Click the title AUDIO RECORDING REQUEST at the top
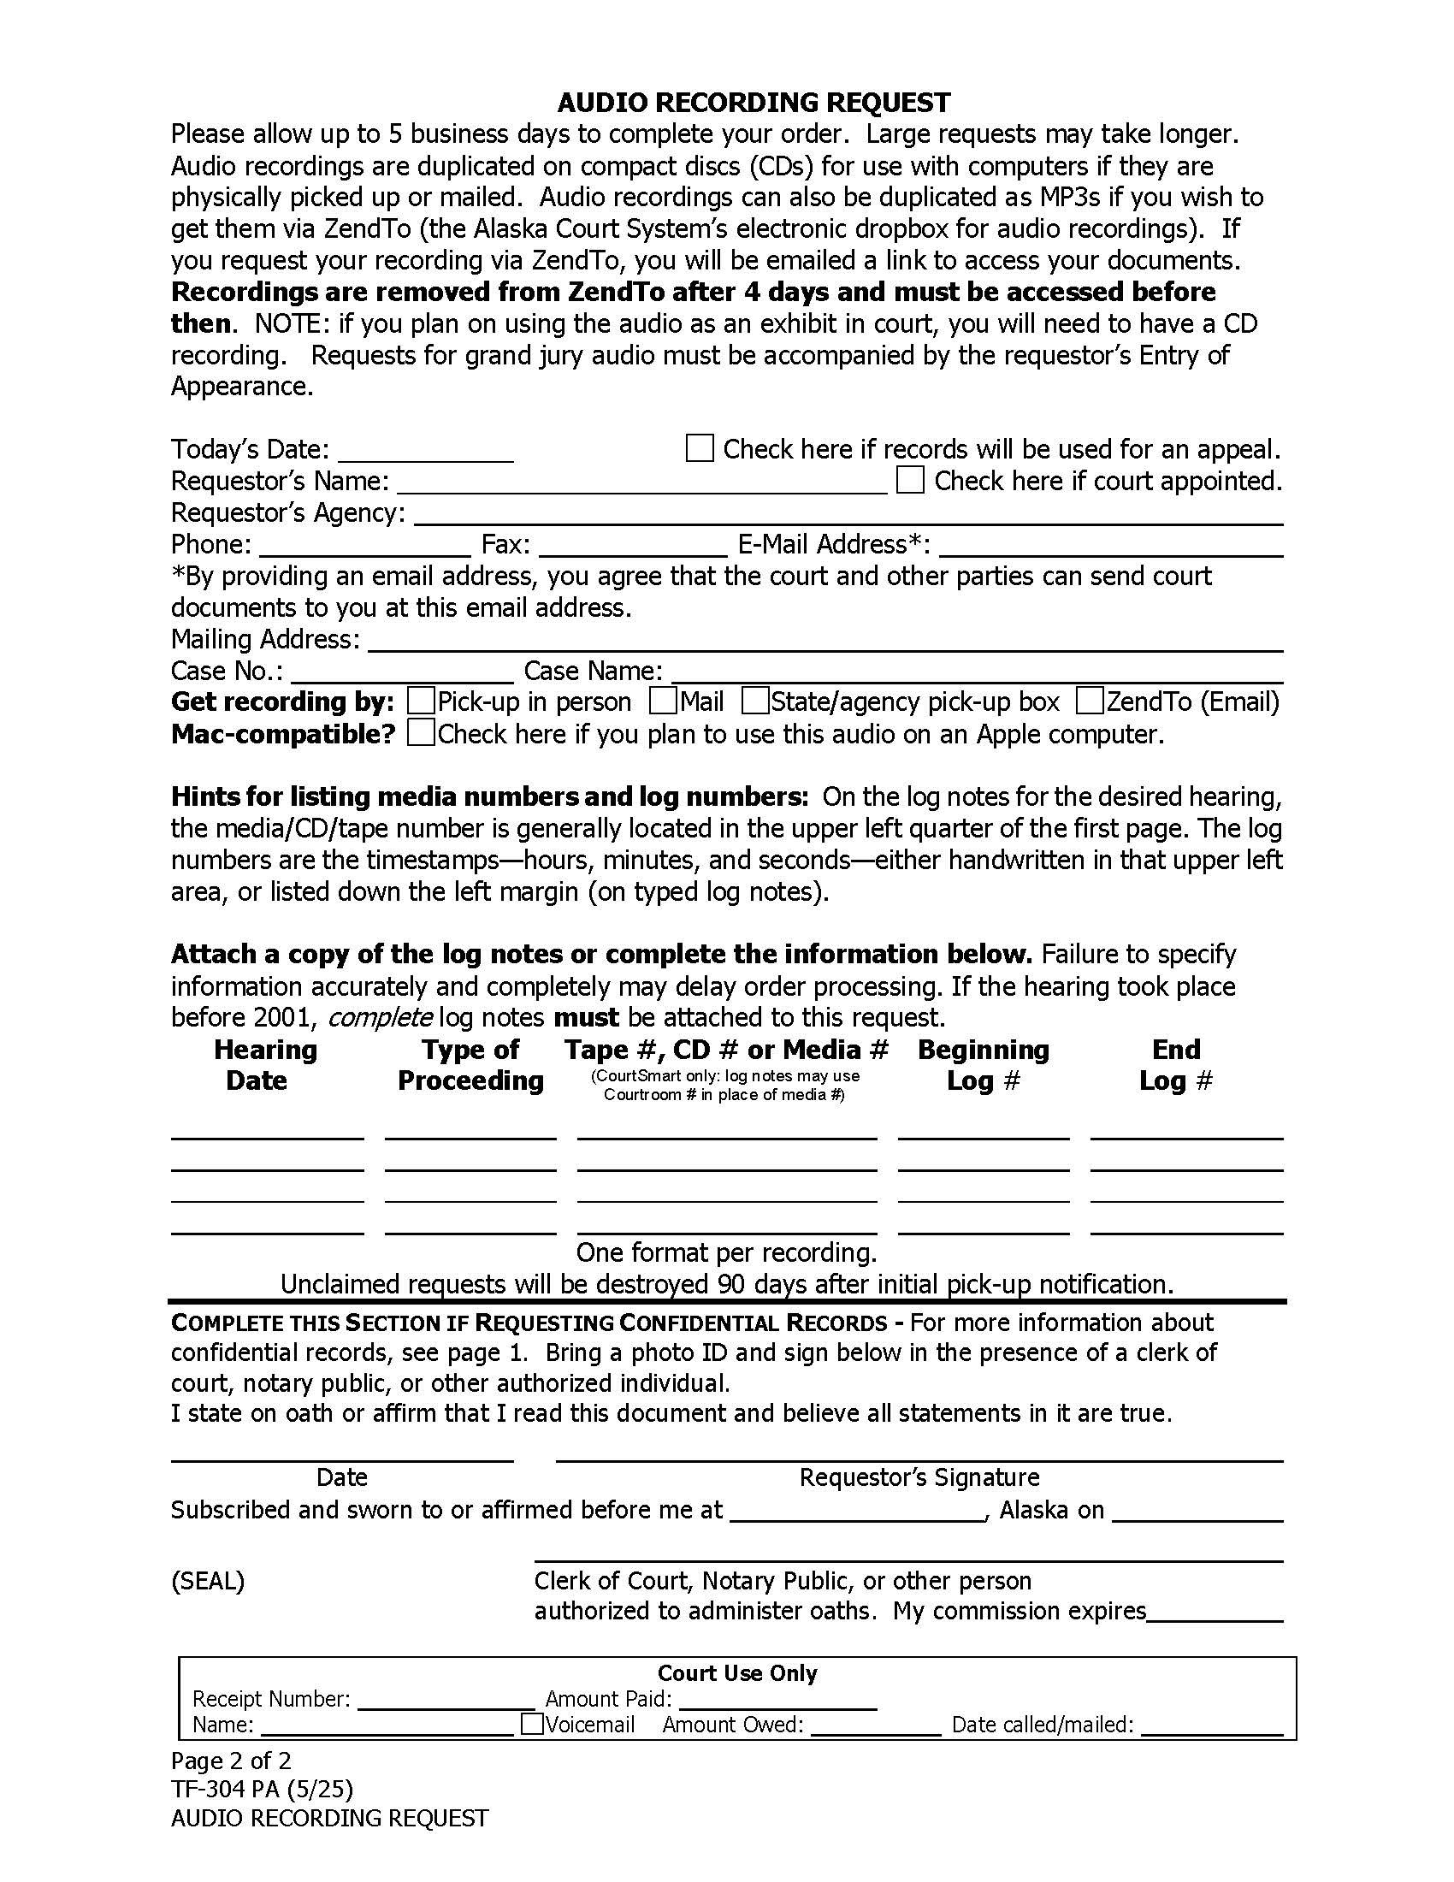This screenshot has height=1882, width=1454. [x=754, y=103]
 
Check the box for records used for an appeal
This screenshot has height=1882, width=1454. [x=700, y=448]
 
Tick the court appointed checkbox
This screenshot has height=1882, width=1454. [x=911, y=480]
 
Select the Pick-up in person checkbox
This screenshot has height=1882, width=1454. [x=421, y=701]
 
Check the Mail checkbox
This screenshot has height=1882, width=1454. [x=663, y=701]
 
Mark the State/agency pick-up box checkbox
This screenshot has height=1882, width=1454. [x=755, y=701]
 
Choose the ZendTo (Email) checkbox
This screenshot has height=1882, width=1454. [x=1090, y=701]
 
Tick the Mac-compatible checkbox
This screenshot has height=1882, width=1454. [x=421, y=733]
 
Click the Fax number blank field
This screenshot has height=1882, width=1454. [x=633, y=548]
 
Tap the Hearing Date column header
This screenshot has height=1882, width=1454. [x=265, y=1065]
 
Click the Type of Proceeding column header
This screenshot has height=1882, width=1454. [x=470, y=1065]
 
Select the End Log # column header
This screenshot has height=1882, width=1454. [x=1176, y=1065]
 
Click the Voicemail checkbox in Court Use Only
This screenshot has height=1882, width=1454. [x=533, y=1725]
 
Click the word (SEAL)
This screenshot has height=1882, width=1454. [x=208, y=1581]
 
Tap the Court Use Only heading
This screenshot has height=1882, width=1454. [x=737, y=1673]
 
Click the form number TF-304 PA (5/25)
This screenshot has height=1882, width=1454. [x=262, y=1790]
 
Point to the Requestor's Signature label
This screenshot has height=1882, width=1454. [x=919, y=1477]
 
